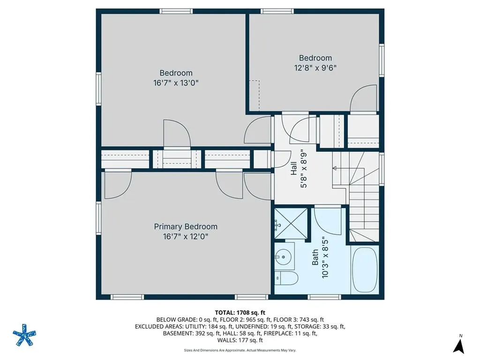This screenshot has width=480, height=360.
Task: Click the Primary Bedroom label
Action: click(x=186, y=226)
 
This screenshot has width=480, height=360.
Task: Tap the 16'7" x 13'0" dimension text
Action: click(x=176, y=83)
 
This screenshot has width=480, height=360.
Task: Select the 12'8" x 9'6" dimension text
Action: click(x=315, y=67)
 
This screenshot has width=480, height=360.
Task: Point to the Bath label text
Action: click(x=315, y=257)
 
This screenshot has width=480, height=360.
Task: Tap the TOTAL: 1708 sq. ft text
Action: click(x=240, y=312)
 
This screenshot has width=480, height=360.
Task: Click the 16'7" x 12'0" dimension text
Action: click(x=186, y=237)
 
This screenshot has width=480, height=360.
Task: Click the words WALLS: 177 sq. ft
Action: click(x=240, y=340)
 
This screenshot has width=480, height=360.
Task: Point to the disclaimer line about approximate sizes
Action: click(x=240, y=350)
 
